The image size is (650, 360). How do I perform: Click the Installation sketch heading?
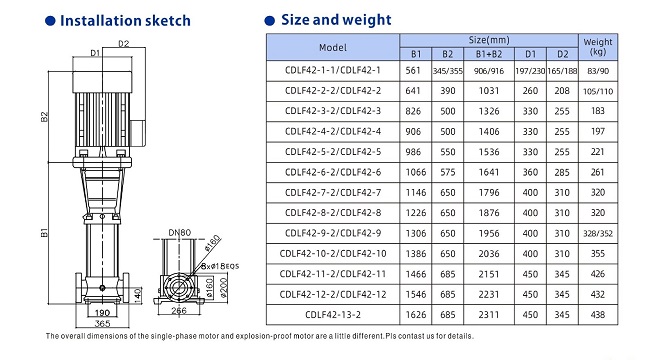(x=125, y=21)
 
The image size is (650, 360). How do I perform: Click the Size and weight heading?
(x=336, y=20)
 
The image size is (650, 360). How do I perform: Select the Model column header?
(x=333, y=48)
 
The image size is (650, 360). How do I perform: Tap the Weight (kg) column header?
(x=598, y=47)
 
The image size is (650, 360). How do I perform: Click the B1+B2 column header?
(x=489, y=54)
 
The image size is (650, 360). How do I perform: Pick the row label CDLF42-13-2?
(x=333, y=315)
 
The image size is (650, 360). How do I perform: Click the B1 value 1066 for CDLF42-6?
(x=416, y=172)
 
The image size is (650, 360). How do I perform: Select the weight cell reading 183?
(x=598, y=111)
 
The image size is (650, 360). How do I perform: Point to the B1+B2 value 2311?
(x=489, y=315)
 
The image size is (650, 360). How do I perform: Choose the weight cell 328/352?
(x=598, y=234)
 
